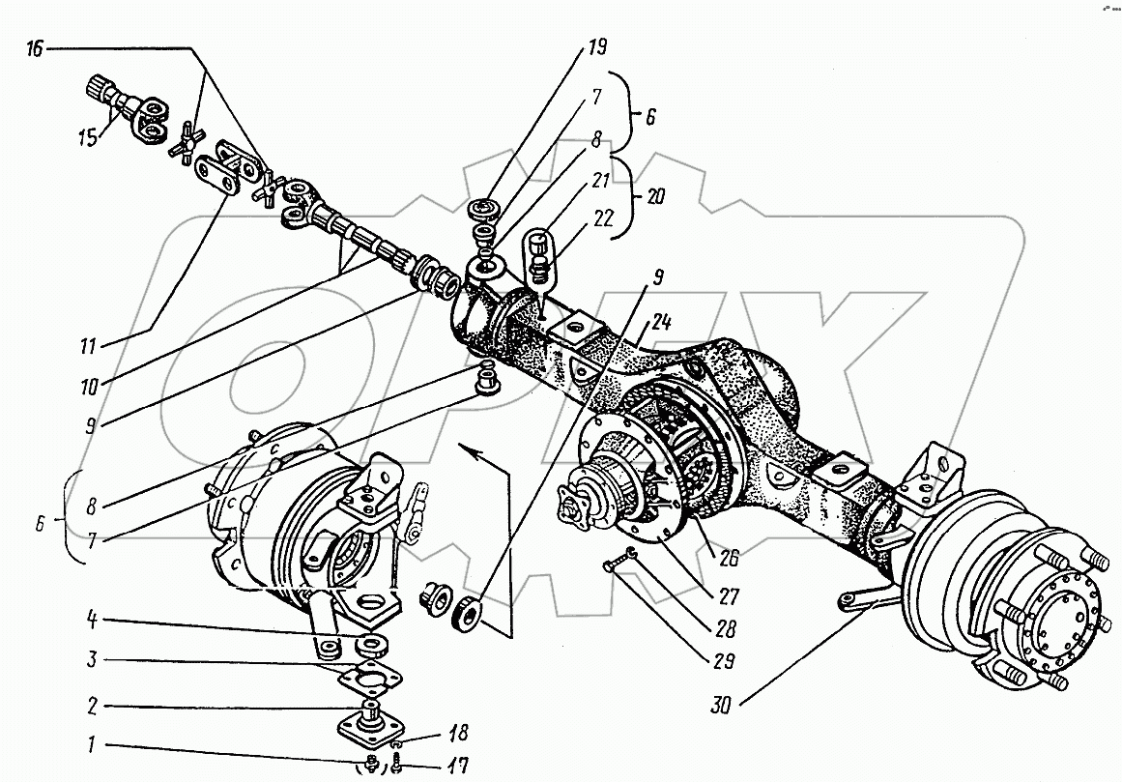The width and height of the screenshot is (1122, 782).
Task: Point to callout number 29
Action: point(723,663)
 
